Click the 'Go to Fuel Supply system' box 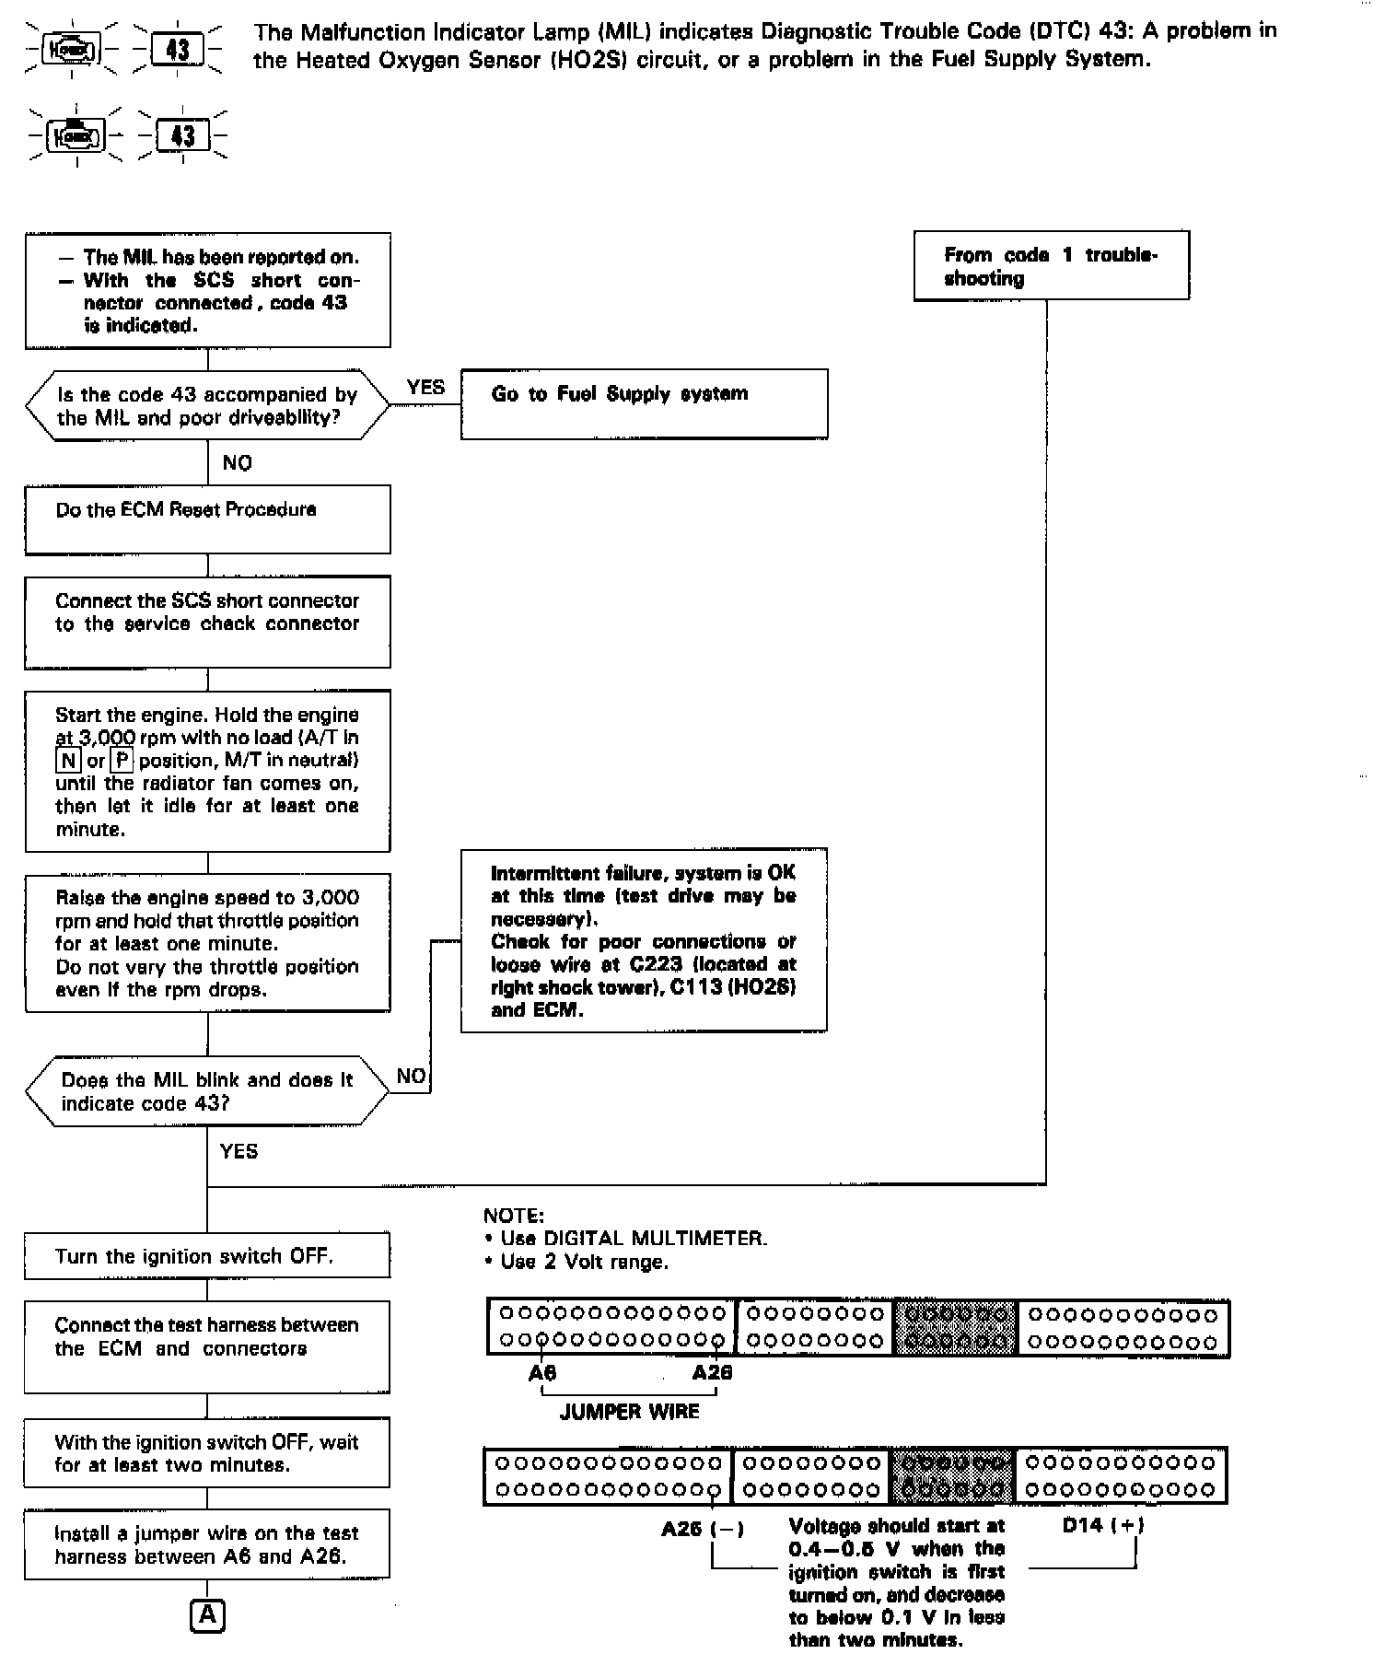[644, 403]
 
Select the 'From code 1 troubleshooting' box [1051, 266]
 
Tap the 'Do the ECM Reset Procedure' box [207, 519]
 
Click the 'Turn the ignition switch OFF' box [207, 1256]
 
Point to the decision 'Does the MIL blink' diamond [207, 1091]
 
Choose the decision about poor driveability [207, 406]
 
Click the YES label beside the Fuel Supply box [425, 388]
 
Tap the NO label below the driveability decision [238, 463]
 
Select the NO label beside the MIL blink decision [411, 1077]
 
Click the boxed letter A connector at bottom [207, 1616]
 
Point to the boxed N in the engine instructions [68, 761]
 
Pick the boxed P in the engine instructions [122, 761]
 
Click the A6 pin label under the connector [542, 1373]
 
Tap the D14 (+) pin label [1103, 1525]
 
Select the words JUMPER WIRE [630, 1412]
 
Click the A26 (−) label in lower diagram [703, 1530]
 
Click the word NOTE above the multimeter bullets [513, 1216]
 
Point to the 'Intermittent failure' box [644, 940]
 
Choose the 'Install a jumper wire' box [207, 1544]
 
